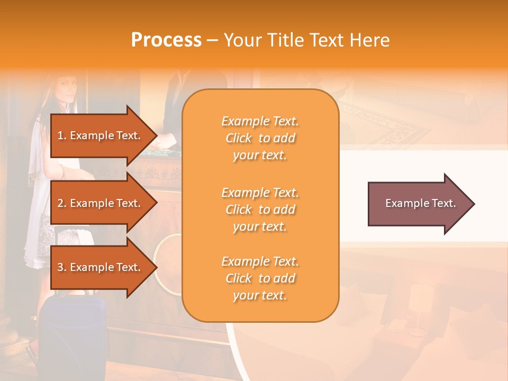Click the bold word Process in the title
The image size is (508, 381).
pyautogui.click(x=166, y=40)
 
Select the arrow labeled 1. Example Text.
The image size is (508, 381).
pyautogui.click(x=101, y=135)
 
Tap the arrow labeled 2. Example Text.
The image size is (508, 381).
pyautogui.click(x=101, y=203)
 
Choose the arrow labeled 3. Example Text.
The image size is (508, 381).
pyautogui.click(x=101, y=267)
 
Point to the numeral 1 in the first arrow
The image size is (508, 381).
pyautogui.click(x=60, y=135)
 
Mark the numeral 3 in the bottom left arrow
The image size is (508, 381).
pyautogui.click(x=60, y=267)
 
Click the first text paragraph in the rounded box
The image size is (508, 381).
pyautogui.click(x=260, y=138)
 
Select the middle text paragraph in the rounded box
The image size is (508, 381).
pyautogui.click(x=260, y=210)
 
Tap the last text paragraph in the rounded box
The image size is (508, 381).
pyautogui.click(x=260, y=278)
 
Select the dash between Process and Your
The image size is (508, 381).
pyautogui.click(x=212, y=41)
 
